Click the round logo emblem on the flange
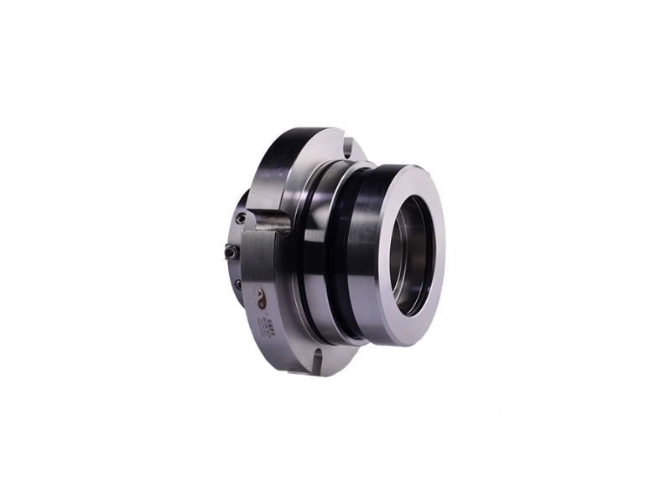(x=263, y=297)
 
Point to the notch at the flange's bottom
(x=317, y=360)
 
